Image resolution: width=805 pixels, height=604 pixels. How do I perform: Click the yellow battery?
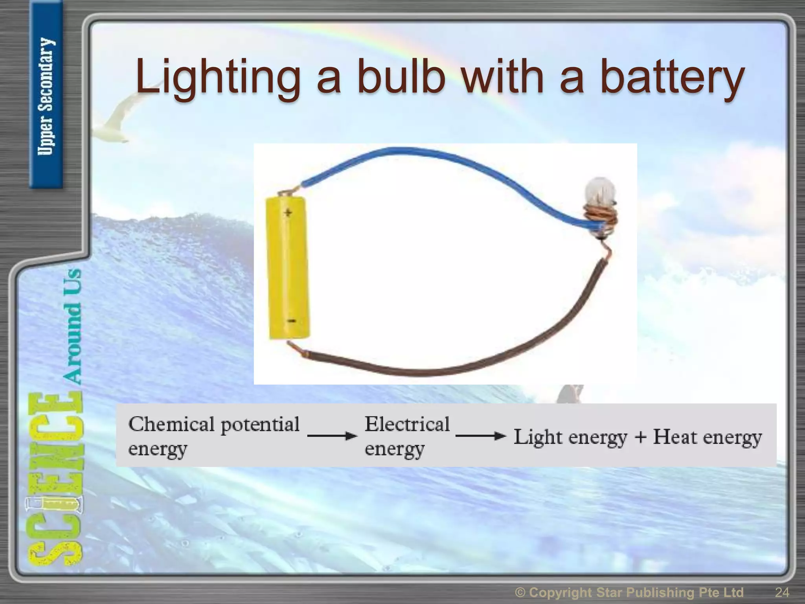pos(288,267)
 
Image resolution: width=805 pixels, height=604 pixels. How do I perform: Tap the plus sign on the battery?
pos(288,213)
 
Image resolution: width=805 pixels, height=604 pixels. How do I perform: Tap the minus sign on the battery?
pos(291,321)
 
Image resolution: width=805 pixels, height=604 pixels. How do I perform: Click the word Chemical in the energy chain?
pos(172,425)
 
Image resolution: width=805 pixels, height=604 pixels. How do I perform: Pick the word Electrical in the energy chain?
pos(407,425)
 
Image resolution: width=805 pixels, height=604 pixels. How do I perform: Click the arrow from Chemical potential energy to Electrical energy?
pos(332,436)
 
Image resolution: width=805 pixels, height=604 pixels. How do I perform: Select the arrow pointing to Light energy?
pos(480,436)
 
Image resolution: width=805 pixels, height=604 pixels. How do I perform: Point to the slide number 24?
pos(782,592)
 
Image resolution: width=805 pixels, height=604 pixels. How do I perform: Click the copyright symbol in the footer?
pos(520,592)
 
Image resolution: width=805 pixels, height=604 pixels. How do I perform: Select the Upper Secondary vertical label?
pos(46,96)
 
